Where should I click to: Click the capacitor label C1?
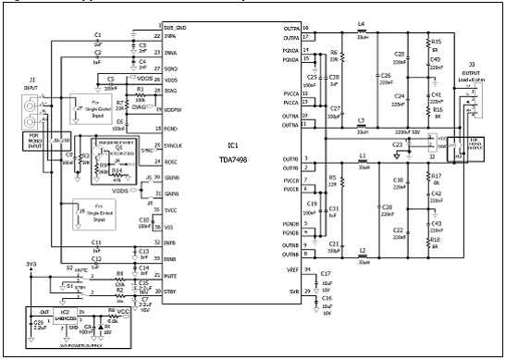97,33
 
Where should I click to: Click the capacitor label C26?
386,75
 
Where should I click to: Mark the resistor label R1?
141,90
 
